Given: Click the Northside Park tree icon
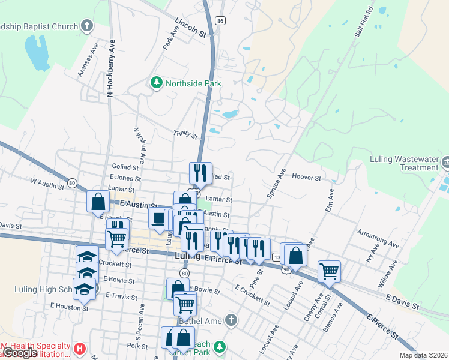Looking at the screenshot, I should pyautogui.click(x=157, y=83).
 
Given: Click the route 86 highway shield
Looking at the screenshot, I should pyautogui.click(x=221, y=20).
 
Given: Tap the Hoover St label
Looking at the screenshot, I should pyautogui.click(x=307, y=178).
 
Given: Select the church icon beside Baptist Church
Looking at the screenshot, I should pyautogui.click(x=88, y=26).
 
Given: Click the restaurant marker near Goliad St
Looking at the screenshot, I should pyautogui.click(x=200, y=173).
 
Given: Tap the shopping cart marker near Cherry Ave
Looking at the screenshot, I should pyautogui.click(x=329, y=271).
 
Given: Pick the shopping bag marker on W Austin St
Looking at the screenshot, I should pyautogui.click(x=98, y=202).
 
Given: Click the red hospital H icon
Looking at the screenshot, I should pyautogui.click(x=79, y=348).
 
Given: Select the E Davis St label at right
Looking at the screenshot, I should pyautogui.click(x=402, y=301).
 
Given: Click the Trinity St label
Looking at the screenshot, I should pyautogui.click(x=185, y=135).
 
